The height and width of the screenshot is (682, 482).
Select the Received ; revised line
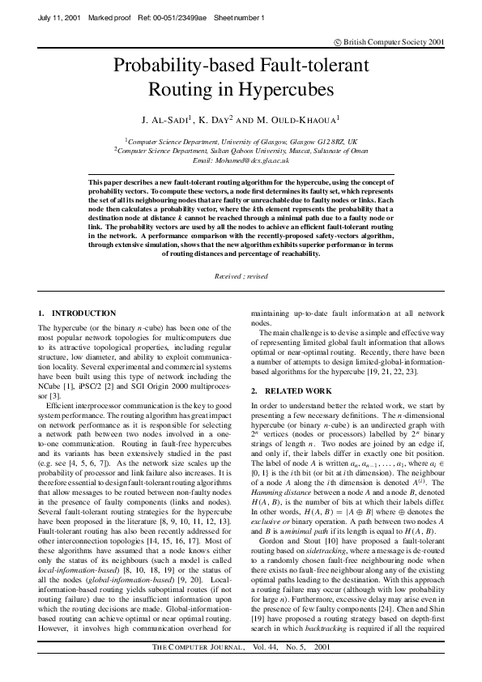coord(241,276)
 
